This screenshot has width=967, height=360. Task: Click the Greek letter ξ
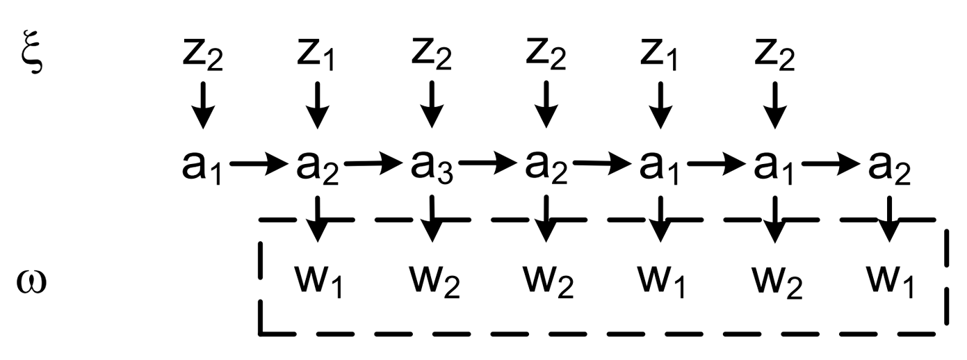tap(32, 52)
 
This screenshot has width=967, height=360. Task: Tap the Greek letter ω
tap(31, 282)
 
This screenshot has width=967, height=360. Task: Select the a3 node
tap(431, 167)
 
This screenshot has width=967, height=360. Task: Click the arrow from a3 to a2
tap(487, 163)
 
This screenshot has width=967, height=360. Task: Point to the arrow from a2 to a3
tap(373, 163)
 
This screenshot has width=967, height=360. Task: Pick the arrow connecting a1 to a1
tap(716, 163)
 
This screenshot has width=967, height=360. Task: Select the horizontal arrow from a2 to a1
tap(602, 163)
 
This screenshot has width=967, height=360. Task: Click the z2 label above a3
tap(431, 55)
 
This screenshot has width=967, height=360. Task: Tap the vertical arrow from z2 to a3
tap(432, 105)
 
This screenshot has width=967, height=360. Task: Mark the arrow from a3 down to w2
tap(432, 218)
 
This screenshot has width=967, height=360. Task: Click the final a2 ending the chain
tap(889, 167)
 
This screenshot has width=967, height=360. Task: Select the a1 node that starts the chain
tap(202, 167)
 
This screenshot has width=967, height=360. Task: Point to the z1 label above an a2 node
tap(316, 55)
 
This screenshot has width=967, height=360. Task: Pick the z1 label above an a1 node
tap(658, 55)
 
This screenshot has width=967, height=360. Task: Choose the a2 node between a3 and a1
tap(546, 167)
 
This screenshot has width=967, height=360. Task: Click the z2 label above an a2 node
tap(546, 55)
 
